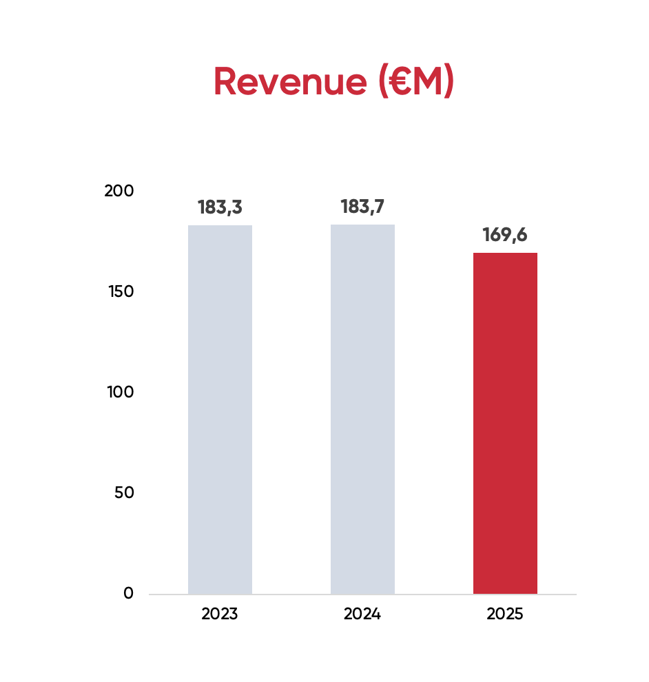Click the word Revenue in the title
(290, 82)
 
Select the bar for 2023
(220, 409)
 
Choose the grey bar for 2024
(362, 409)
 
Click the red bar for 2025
(505, 423)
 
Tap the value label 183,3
(220, 207)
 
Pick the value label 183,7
(362, 207)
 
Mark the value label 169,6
(505, 235)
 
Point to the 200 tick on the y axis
(119, 191)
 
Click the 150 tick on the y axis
(119, 291)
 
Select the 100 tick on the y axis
(119, 392)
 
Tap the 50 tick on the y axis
(123, 493)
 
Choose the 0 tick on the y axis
(128, 593)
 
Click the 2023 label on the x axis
(220, 614)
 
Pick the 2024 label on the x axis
(362, 614)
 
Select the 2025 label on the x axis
(505, 614)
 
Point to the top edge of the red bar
(505, 254)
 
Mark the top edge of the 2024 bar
(362, 225)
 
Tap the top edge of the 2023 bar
(220, 226)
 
